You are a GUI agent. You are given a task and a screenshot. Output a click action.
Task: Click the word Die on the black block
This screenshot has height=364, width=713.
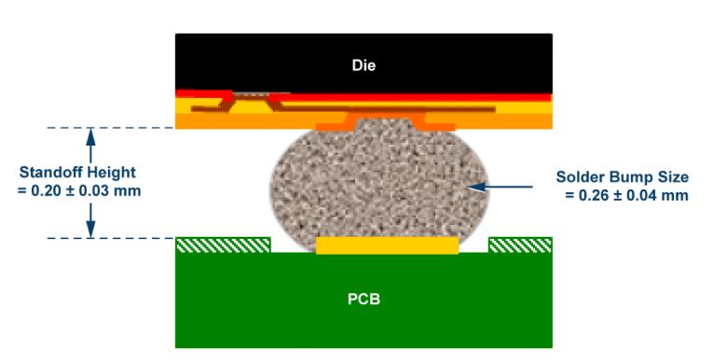[x=363, y=65]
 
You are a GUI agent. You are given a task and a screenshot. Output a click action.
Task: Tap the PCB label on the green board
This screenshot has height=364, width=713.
[x=363, y=300]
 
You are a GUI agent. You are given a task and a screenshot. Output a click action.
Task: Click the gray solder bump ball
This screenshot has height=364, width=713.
[x=379, y=187]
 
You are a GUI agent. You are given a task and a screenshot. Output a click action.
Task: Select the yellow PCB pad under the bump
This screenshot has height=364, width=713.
[x=387, y=245]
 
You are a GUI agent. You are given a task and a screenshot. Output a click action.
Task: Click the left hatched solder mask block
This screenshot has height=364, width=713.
[x=224, y=245]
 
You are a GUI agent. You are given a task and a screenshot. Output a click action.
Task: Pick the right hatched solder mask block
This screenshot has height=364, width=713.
[x=520, y=245]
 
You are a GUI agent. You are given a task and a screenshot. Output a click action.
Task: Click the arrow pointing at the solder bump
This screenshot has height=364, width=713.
[x=500, y=187]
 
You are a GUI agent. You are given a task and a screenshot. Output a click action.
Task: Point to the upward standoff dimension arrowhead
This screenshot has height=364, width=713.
[x=91, y=135]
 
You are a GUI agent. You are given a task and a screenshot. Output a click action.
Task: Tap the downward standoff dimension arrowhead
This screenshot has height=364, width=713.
[x=91, y=229]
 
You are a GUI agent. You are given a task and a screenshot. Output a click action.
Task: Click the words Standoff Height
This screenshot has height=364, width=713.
[x=77, y=173]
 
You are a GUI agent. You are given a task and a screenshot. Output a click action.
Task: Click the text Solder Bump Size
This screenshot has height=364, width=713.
[x=622, y=177]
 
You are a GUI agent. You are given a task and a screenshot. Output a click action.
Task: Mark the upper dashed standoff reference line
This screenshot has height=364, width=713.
[x=111, y=128]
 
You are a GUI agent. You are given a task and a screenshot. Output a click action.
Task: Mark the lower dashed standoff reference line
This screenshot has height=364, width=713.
[x=111, y=238]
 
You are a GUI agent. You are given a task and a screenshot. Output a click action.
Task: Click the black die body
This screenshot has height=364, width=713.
[x=363, y=63]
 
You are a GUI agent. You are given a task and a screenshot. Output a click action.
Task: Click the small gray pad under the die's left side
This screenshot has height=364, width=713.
[x=251, y=94]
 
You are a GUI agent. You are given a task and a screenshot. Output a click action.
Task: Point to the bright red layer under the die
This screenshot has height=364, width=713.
[x=409, y=97]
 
